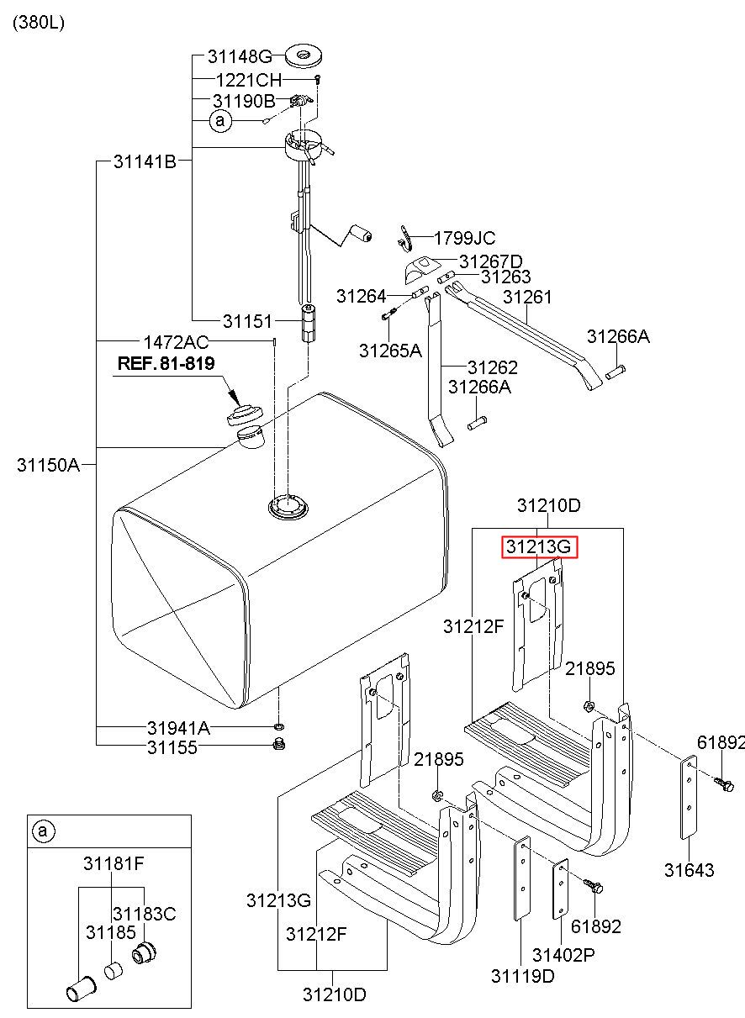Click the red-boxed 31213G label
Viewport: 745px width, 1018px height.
click(539, 546)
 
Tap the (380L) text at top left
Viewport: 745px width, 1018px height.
click(39, 22)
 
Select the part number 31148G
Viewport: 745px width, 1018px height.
click(240, 57)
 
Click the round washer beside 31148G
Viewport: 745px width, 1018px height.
click(304, 55)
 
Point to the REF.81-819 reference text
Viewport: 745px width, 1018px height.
click(166, 363)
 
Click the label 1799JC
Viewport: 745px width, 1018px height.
click(464, 238)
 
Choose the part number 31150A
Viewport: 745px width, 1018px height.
click(48, 465)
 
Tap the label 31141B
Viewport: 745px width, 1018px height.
click(145, 161)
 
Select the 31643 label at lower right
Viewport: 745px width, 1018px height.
click(690, 870)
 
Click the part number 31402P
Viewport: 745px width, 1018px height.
click(563, 955)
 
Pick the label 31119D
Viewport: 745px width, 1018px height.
click(523, 976)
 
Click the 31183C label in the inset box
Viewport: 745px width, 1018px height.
click(144, 914)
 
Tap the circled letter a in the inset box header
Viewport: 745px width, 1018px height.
click(43, 831)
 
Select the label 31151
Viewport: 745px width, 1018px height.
click(247, 321)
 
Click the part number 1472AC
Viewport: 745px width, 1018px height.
click(176, 342)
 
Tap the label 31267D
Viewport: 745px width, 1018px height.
click(491, 261)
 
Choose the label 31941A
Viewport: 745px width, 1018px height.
click(178, 728)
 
